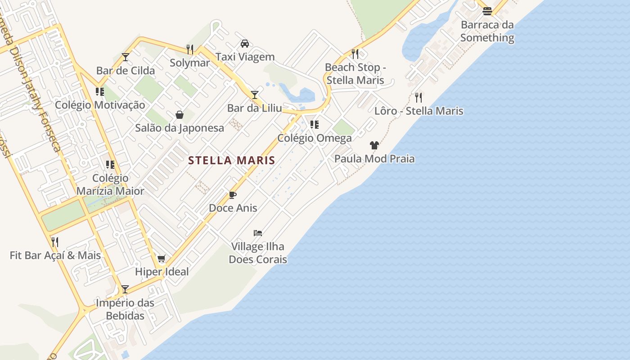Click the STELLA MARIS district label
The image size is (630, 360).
(231, 160)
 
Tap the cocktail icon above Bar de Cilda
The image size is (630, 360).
(126, 57)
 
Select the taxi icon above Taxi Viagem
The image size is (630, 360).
(245, 44)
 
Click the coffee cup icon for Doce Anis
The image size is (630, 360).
(233, 195)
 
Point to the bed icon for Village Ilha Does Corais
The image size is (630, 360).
(258, 233)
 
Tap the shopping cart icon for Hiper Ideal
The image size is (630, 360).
(162, 259)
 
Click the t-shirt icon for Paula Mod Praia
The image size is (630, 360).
(374, 145)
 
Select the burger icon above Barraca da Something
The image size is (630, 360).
(487, 11)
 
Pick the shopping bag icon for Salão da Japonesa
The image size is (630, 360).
(180, 115)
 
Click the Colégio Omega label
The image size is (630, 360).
(315, 138)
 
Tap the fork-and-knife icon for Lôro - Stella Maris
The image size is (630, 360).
(418, 97)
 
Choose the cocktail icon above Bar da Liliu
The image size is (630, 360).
(255, 94)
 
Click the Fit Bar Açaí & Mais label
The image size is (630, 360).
(55, 256)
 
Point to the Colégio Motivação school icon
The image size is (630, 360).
(100, 92)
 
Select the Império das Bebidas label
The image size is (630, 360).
(125, 309)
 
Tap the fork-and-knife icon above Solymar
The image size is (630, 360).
(190, 49)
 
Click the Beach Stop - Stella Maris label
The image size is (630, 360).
(355, 74)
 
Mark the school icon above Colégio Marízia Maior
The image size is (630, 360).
(110, 165)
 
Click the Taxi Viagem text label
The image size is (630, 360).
(245, 57)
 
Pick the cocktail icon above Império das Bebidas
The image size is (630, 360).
(125, 289)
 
